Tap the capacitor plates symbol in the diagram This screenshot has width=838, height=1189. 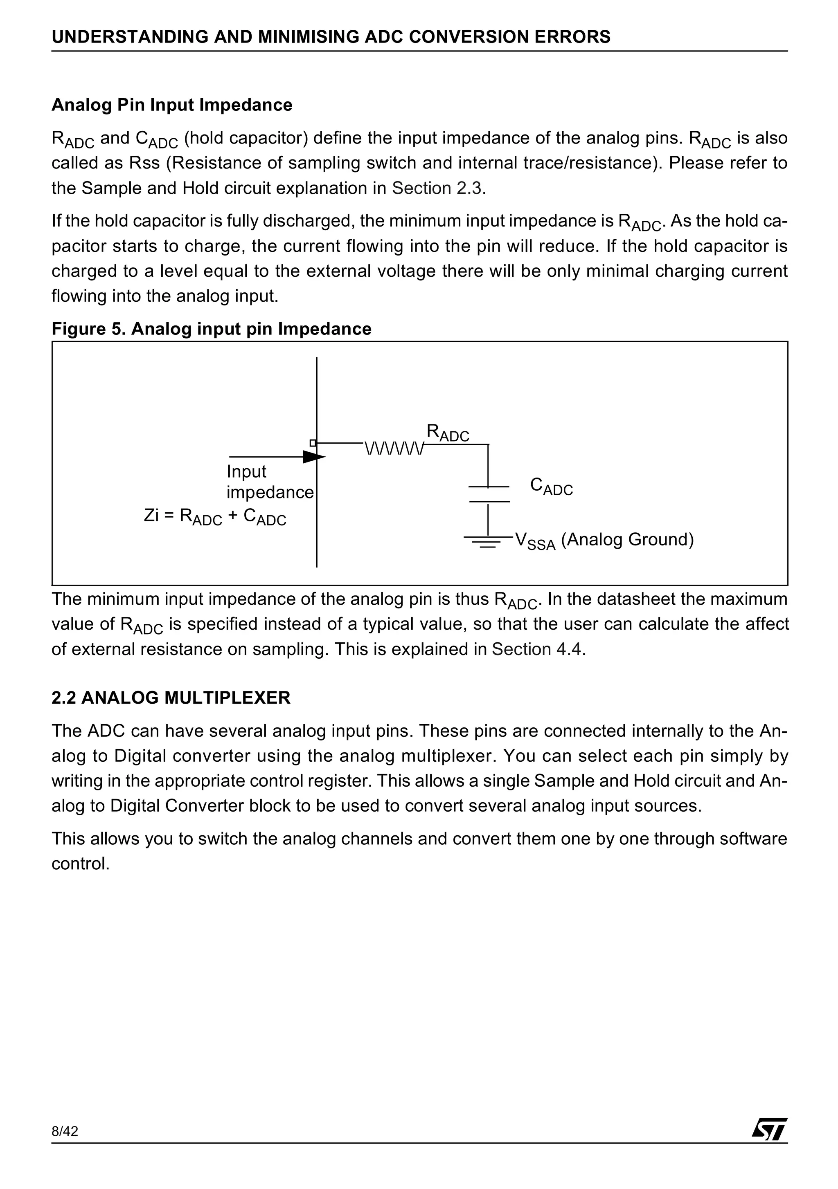click(489, 494)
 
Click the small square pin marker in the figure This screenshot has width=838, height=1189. click(313, 443)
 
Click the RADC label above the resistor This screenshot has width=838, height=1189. click(447, 433)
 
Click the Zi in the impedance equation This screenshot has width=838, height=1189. click(151, 515)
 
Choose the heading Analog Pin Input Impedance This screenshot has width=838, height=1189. click(171, 105)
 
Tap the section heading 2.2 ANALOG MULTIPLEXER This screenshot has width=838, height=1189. click(171, 698)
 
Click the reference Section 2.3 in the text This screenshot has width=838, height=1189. click(438, 188)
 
